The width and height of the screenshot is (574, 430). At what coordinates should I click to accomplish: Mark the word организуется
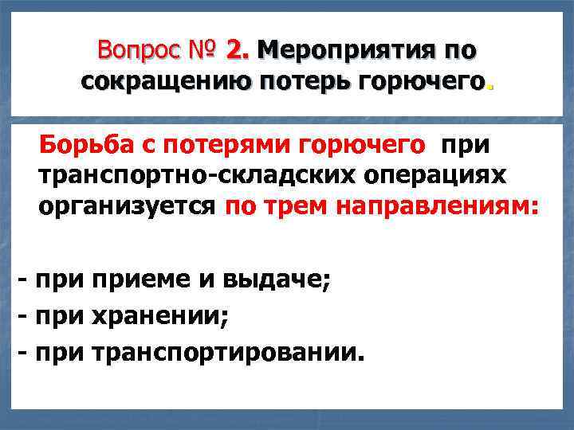tap(126, 207)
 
